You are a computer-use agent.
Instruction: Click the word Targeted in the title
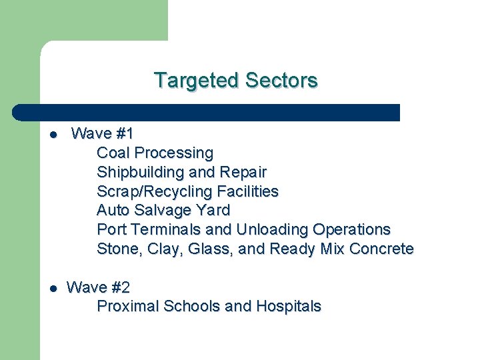click(197, 81)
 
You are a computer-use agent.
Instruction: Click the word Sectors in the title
click(281, 81)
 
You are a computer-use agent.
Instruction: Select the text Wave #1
click(102, 134)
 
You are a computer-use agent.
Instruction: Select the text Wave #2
click(99, 288)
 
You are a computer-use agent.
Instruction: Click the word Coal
click(113, 153)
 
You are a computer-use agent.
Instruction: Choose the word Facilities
click(245, 192)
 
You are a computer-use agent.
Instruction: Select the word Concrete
click(382, 249)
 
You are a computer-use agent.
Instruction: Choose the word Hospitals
click(288, 307)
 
